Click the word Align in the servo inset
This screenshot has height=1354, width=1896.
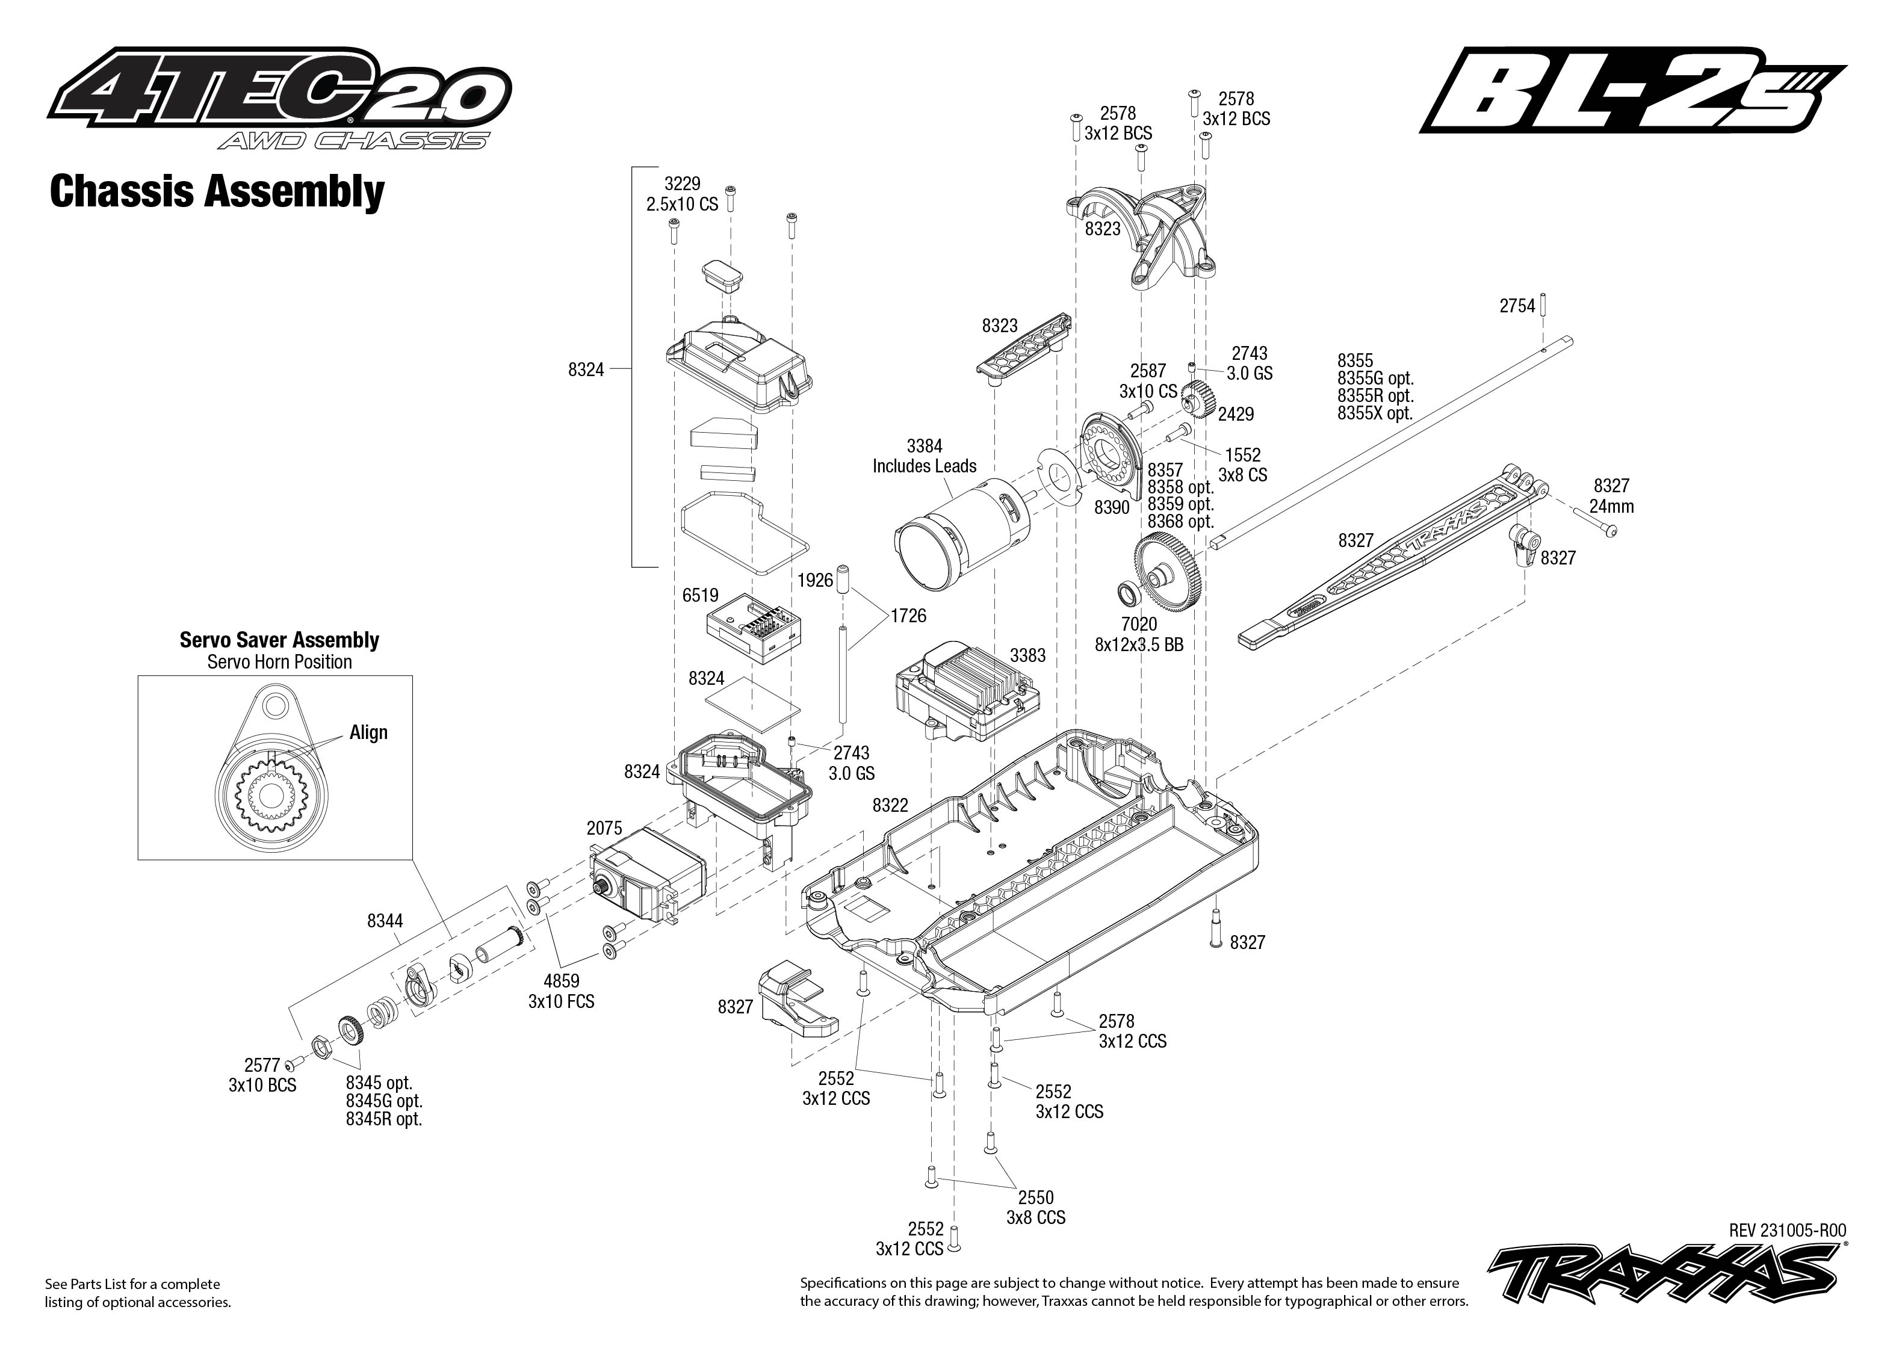coord(368,733)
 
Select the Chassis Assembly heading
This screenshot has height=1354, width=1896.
coord(217,192)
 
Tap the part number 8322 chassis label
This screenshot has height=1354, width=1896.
coord(890,805)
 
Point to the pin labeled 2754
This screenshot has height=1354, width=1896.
coord(1543,305)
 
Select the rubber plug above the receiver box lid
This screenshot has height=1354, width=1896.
coord(722,275)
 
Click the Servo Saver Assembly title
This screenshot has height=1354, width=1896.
coord(279,640)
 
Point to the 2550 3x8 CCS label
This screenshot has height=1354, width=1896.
coord(1035,1207)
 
